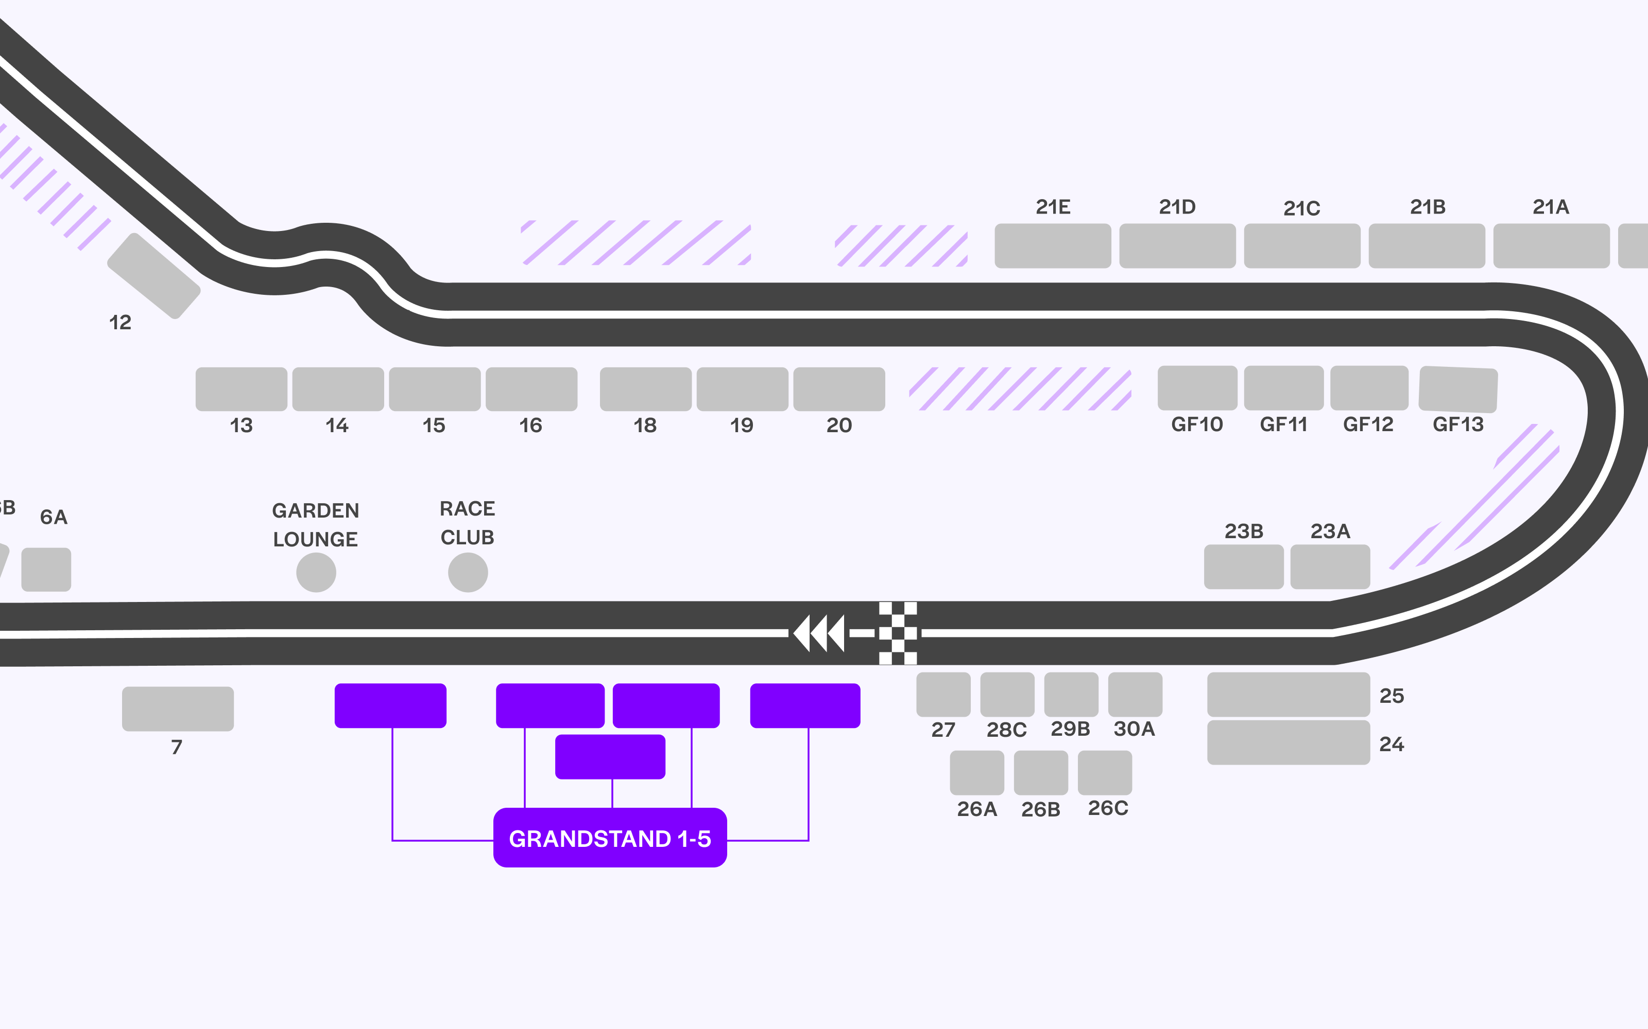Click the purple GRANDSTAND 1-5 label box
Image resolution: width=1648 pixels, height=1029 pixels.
[x=609, y=838]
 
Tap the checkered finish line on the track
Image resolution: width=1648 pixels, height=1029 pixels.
[x=898, y=633]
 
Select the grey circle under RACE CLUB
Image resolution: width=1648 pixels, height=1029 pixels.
[x=468, y=572]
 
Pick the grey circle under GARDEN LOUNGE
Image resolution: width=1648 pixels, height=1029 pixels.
[x=316, y=572]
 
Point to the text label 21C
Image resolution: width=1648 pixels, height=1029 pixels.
[x=1301, y=208]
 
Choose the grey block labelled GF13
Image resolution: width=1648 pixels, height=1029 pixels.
[x=1458, y=389]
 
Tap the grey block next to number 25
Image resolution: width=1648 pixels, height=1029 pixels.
[x=1289, y=694]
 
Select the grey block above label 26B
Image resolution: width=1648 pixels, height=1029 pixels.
[x=1040, y=772]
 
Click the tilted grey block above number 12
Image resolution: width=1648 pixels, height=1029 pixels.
[x=154, y=276]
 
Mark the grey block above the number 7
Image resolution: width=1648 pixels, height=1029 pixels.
[x=178, y=708]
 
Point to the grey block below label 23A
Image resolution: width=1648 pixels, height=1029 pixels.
[x=1330, y=566]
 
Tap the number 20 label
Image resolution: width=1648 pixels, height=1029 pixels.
[x=839, y=425]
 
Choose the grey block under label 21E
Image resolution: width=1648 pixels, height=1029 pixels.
[x=1053, y=246]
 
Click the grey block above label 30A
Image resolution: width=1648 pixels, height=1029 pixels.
[x=1135, y=694]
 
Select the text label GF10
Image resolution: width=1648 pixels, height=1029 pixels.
[x=1196, y=424]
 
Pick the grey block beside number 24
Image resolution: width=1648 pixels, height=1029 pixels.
[x=1289, y=742]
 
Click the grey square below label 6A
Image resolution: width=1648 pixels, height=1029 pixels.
[x=46, y=570]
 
